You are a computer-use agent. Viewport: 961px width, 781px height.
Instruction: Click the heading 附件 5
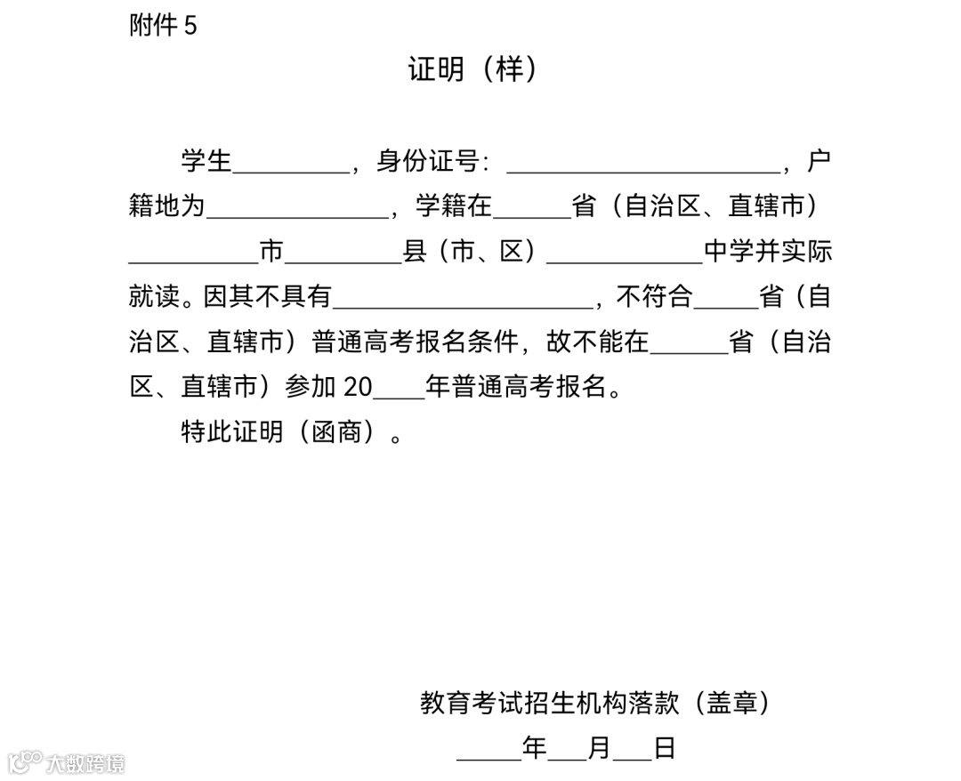pos(163,26)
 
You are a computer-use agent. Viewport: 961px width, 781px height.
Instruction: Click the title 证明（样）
pos(472,68)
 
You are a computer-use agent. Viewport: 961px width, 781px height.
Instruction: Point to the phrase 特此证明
pos(232,432)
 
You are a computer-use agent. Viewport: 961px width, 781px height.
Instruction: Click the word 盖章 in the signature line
pos(731,704)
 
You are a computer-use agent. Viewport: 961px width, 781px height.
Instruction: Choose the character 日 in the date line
pos(665,748)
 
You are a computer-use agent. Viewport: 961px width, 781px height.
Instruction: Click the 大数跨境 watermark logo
pos(67,761)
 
